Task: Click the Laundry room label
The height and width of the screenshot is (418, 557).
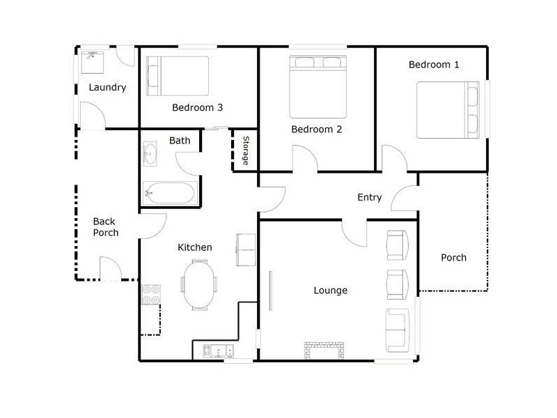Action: tap(107, 88)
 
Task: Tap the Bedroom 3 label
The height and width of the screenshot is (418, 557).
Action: tap(197, 107)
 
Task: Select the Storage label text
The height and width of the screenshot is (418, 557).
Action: tap(246, 150)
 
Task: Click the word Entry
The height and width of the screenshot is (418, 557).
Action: tap(370, 198)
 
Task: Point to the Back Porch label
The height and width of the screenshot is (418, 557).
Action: tap(106, 227)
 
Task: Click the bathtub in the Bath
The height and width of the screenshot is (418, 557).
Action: tap(170, 193)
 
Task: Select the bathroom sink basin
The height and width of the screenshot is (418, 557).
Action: tap(150, 154)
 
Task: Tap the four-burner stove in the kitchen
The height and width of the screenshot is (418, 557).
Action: tap(151, 295)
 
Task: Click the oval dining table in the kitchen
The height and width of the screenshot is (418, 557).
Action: tap(199, 284)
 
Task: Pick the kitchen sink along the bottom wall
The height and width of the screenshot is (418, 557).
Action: tap(218, 351)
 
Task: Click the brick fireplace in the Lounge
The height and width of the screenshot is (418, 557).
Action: tap(324, 351)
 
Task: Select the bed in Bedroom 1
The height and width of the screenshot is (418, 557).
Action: tap(448, 110)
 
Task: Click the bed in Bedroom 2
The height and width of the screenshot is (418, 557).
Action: tap(318, 86)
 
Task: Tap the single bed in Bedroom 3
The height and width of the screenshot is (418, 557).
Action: tap(178, 76)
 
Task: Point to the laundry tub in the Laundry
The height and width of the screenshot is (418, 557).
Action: tap(93, 63)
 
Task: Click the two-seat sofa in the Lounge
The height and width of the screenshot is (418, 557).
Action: tap(398, 330)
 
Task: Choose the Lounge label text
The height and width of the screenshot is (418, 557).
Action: tap(330, 291)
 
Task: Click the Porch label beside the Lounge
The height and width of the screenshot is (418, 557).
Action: tap(454, 258)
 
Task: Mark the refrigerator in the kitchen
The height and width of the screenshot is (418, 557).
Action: tap(246, 249)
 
